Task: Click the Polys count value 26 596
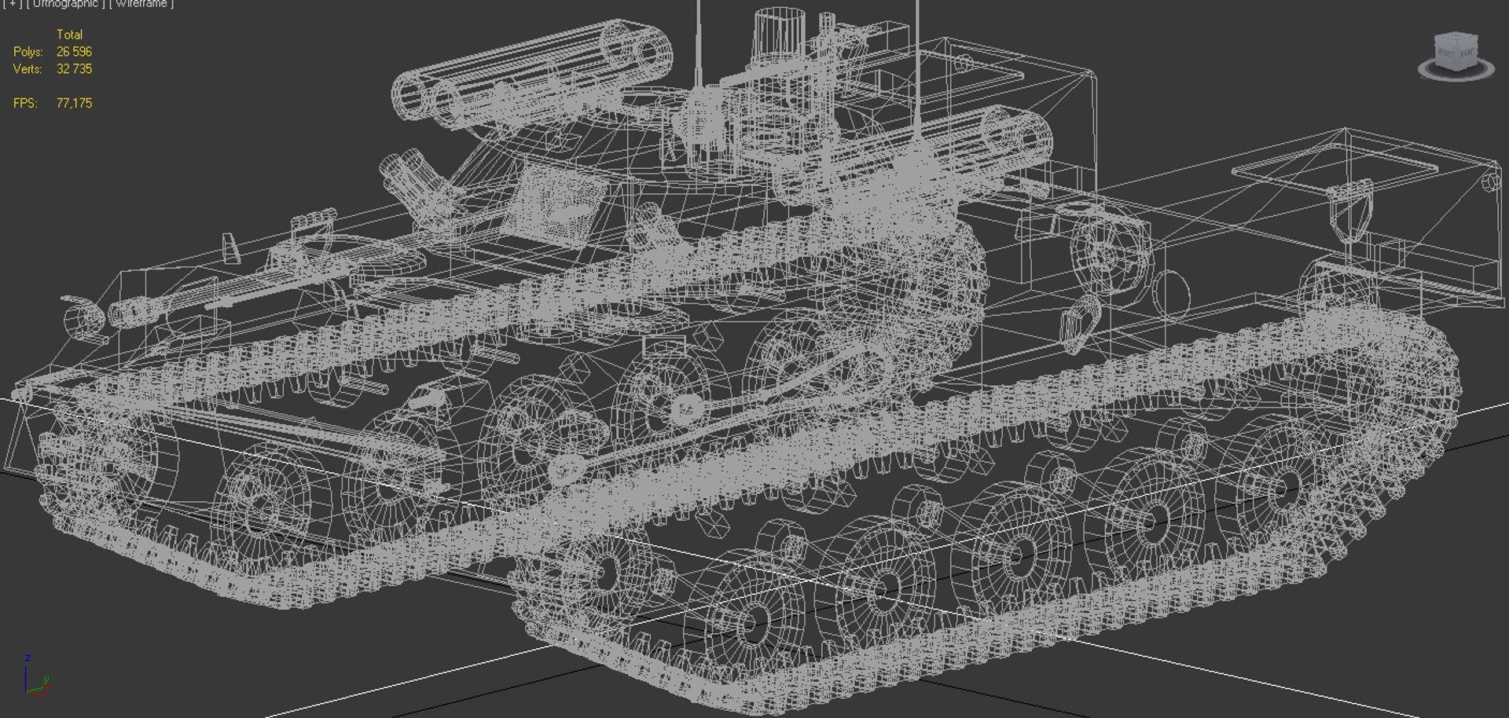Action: tap(74, 52)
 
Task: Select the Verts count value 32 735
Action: tap(74, 69)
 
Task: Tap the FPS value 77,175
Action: tap(74, 103)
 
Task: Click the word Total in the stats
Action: tap(69, 35)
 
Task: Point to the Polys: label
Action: tap(28, 52)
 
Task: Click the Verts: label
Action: tap(29, 69)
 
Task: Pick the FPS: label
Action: tap(26, 103)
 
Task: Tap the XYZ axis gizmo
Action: tap(35, 677)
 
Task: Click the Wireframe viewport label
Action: tap(142, 4)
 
